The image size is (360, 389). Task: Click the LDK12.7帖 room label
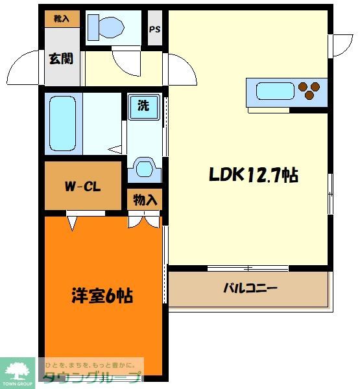(253, 174)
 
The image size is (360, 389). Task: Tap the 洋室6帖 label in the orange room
(102, 296)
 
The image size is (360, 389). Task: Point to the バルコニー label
(250, 288)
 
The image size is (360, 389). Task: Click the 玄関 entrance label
(60, 58)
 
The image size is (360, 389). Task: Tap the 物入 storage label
(145, 200)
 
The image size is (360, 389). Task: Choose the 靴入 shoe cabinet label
(62, 19)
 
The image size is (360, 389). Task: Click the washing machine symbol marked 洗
(143, 106)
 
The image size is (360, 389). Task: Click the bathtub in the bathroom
(63, 123)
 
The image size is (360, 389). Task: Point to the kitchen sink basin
(275, 91)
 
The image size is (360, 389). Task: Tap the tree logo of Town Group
(18, 370)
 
